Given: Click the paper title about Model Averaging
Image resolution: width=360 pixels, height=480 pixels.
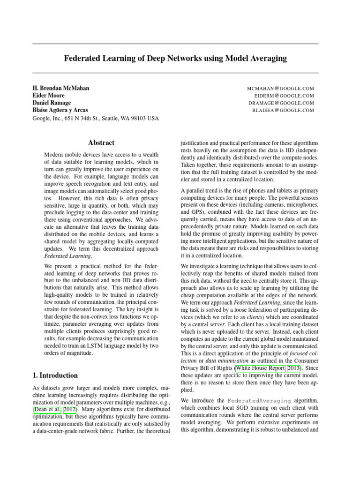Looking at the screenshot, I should coord(175,59).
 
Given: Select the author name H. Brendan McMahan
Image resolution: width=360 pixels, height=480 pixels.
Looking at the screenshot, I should coord(60,88).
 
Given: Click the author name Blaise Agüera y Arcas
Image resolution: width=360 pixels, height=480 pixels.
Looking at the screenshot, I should coord(66,111).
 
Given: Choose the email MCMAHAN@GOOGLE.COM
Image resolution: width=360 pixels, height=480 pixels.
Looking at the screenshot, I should coord(280,88).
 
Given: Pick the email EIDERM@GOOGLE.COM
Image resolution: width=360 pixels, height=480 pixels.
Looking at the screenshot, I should coord(284,96).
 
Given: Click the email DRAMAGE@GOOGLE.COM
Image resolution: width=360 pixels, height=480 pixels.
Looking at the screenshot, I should coord(281,103).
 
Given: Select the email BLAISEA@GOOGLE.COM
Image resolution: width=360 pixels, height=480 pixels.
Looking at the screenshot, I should coord(283,111).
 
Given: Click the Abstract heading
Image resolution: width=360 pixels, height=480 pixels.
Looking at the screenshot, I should coord(101,142).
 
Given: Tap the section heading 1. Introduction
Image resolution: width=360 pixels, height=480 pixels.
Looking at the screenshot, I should coord(55,375).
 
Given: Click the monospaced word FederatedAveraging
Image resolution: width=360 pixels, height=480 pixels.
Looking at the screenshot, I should coord(259,401).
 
